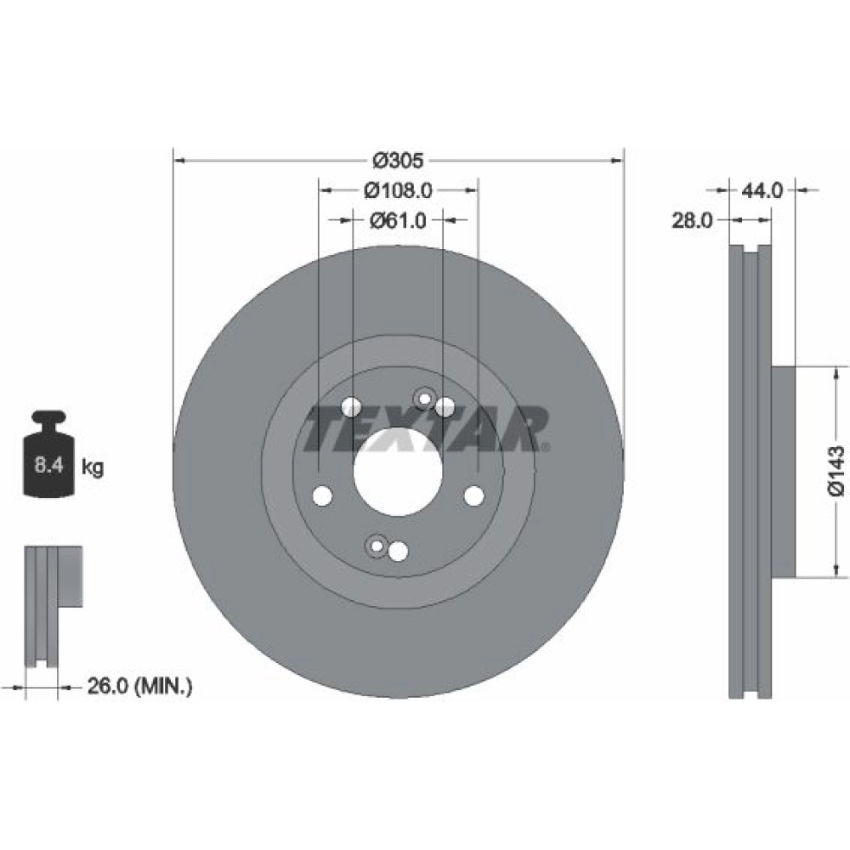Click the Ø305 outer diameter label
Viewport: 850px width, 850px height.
pyautogui.click(x=399, y=161)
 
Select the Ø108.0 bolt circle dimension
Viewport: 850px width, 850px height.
pyautogui.click(x=399, y=190)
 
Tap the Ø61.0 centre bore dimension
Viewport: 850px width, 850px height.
pyautogui.click(x=399, y=220)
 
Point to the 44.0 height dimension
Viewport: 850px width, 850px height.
pyautogui.click(x=762, y=190)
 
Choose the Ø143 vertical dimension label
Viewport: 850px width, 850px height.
pyautogui.click(x=836, y=471)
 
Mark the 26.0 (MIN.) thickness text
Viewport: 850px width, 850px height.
pyautogui.click(x=140, y=687)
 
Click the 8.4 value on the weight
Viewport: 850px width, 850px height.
pyautogui.click(x=49, y=465)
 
